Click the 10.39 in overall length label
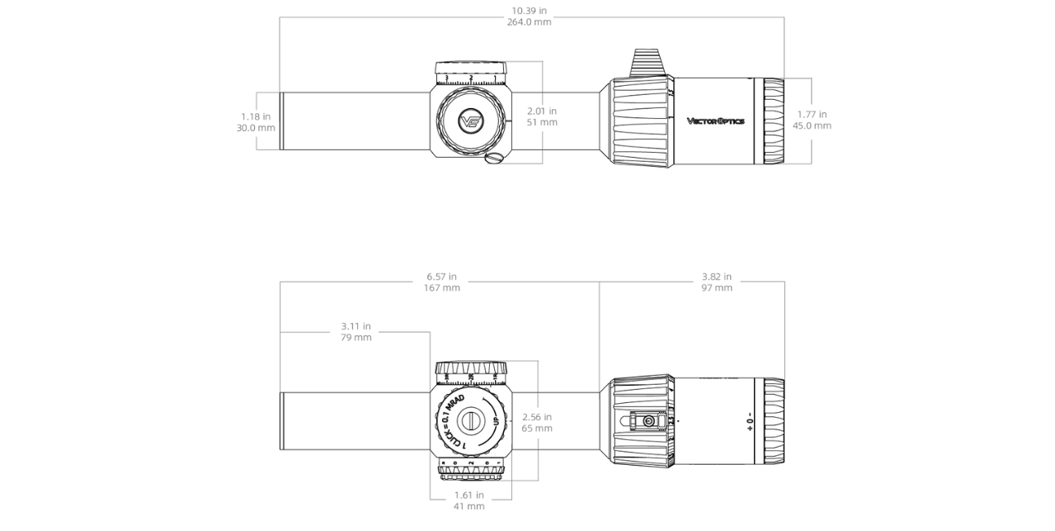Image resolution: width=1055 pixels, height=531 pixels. (x=529, y=11)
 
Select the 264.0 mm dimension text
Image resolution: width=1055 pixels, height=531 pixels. (x=529, y=22)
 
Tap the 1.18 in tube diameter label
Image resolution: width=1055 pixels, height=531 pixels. (x=256, y=116)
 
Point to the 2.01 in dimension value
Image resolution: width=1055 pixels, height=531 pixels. (x=542, y=111)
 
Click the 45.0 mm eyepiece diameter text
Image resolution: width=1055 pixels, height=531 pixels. (x=812, y=126)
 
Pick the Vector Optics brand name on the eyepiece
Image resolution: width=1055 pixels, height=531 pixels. (x=715, y=121)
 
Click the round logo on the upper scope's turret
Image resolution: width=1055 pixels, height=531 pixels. (x=471, y=122)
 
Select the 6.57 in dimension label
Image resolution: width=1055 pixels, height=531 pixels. (x=441, y=277)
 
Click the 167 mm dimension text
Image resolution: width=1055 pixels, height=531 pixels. (x=441, y=288)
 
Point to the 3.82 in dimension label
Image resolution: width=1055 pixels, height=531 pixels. (x=716, y=277)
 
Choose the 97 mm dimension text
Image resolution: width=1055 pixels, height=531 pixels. (x=716, y=288)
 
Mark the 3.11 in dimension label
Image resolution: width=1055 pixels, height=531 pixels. (x=356, y=326)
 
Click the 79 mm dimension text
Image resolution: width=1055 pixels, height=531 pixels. (x=356, y=338)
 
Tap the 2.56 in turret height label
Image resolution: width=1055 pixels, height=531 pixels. (x=537, y=417)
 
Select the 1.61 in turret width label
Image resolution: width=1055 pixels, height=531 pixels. (x=469, y=495)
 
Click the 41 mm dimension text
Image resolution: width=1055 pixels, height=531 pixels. (x=469, y=506)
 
